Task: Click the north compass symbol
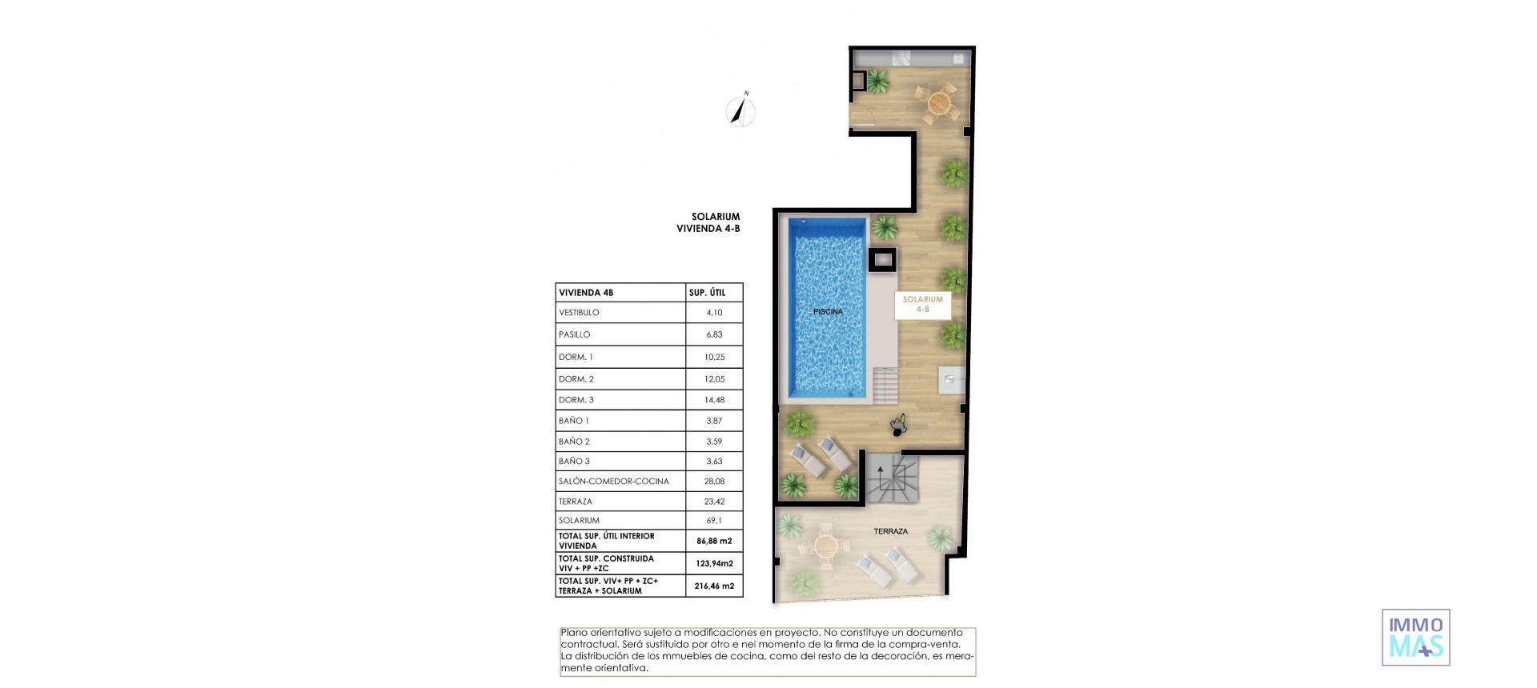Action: [x=740, y=111]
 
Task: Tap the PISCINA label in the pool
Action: [x=828, y=311]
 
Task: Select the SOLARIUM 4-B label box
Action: [x=922, y=304]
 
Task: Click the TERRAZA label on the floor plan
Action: [x=890, y=531]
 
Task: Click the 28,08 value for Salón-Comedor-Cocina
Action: [x=714, y=482]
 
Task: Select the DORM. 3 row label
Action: [x=576, y=400]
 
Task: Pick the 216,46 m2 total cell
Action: [x=714, y=586]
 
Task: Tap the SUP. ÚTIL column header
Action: [x=707, y=293]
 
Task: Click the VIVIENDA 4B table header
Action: [x=586, y=293]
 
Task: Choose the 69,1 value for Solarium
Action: [x=714, y=521]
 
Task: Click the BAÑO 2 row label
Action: [x=574, y=442]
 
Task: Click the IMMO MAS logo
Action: [x=1415, y=638]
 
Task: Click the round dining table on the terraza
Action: [x=825, y=547]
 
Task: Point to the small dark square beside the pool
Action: [x=882, y=259]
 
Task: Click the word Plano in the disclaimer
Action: [x=574, y=633]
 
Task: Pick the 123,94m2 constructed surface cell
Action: [x=714, y=563]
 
